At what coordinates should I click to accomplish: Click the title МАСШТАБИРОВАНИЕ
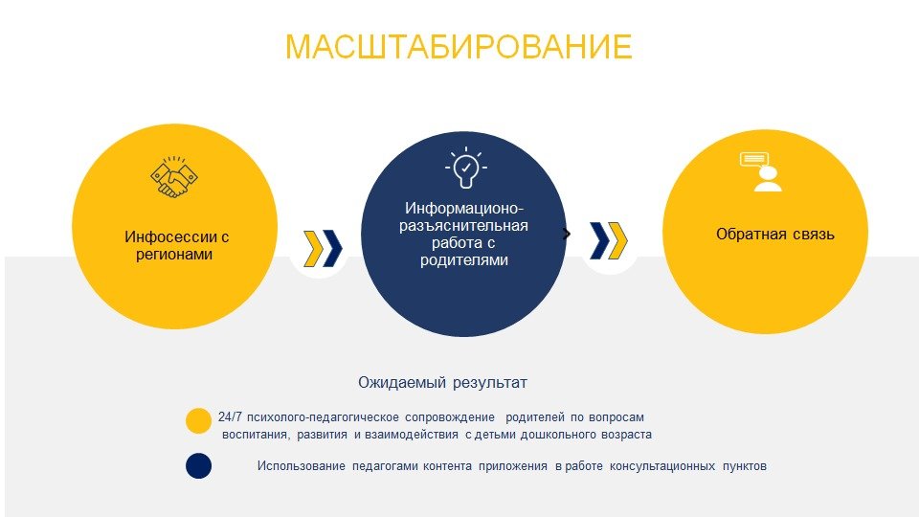[x=459, y=47]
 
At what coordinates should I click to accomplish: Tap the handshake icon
[x=173, y=177]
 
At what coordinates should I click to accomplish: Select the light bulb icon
[x=465, y=168]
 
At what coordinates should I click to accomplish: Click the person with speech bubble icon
[x=762, y=171]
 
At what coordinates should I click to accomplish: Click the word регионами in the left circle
[x=174, y=255]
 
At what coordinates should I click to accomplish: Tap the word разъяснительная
[x=463, y=226]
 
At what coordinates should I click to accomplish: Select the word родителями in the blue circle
[x=463, y=259]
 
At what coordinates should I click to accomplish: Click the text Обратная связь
[x=774, y=234]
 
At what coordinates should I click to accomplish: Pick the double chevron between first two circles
[x=323, y=249]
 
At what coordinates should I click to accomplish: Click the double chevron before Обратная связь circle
[x=609, y=240]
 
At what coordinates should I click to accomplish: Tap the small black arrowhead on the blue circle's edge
[x=566, y=234]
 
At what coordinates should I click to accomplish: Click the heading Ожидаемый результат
[x=442, y=383]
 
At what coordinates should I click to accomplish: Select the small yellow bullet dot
[x=199, y=421]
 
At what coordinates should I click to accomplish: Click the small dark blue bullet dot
[x=199, y=466]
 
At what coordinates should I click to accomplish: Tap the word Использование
[x=302, y=466]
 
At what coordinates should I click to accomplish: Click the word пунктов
[x=745, y=466]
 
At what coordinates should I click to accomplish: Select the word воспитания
[x=256, y=435]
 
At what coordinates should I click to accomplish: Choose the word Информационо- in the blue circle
[x=464, y=208]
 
